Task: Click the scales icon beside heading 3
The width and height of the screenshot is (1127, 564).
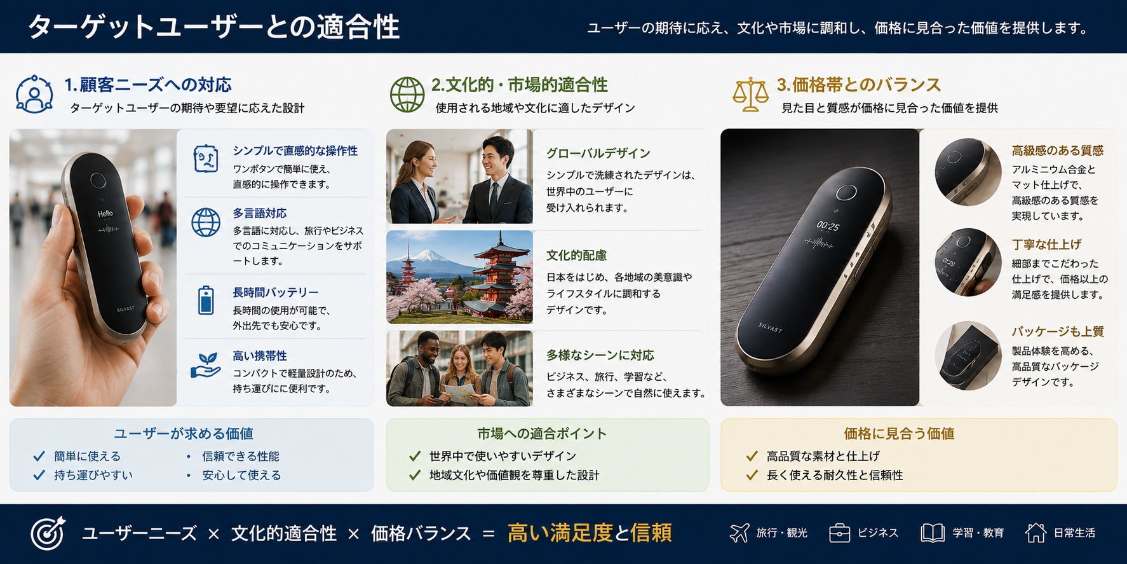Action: [750, 95]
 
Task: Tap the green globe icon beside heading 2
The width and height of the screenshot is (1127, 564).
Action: [407, 95]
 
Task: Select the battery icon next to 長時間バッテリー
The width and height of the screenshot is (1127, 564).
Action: [206, 300]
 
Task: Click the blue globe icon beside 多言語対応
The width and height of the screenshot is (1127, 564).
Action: [206, 223]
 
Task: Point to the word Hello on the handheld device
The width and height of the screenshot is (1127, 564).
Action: [105, 214]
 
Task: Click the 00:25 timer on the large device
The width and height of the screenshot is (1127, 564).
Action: [828, 226]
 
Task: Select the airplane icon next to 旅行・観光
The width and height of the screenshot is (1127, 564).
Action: [739, 532]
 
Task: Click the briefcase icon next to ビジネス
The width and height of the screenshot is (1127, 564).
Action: [839, 533]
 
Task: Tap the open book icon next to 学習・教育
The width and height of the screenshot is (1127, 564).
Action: [933, 533]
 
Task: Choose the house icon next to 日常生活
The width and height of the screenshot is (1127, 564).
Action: [1036, 532]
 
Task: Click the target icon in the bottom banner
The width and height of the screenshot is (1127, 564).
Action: [48, 533]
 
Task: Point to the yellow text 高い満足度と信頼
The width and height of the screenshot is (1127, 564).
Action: [590, 533]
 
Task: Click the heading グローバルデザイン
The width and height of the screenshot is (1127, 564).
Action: [598, 153]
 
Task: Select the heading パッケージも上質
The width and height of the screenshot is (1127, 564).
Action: [1058, 331]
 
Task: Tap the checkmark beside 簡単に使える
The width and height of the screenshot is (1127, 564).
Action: [39, 456]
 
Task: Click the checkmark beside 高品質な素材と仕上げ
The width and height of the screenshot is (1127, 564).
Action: [752, 456]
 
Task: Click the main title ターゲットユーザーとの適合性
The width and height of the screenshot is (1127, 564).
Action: [214, 27]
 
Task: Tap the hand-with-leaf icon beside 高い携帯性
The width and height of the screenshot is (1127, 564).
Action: [206, 366]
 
